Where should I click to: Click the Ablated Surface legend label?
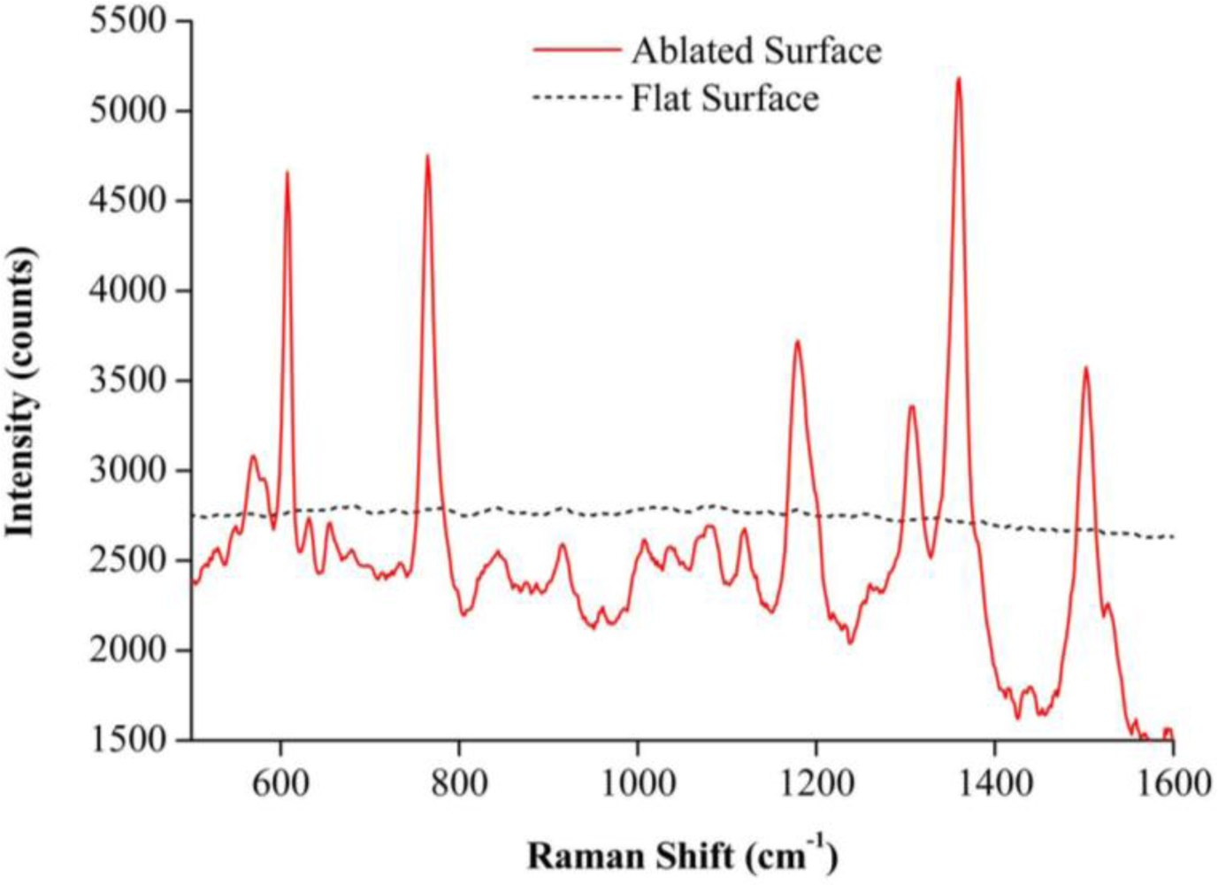[756, 50]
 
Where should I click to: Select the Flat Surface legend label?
[724, 97]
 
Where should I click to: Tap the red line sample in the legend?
[577, 50]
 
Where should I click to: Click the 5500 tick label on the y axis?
[128, 20]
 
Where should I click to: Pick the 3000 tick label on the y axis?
[128, 470]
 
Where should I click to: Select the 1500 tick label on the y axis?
[128, 739]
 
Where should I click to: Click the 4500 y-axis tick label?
[128, 200]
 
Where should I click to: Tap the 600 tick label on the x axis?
[280, 782]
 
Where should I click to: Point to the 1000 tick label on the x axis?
[637, 782]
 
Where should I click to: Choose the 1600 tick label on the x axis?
[1173, 782]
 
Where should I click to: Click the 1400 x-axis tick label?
[994, 782]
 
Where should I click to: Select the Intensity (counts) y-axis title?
[21, 391]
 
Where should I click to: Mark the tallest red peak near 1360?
[958, 79]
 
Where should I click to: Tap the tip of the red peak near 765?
[427, 157]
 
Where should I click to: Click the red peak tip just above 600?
[287, 173]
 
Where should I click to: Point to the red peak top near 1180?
[797, 342]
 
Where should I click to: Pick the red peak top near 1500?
[1085, 368]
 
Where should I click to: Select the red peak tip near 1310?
[911, 406]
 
